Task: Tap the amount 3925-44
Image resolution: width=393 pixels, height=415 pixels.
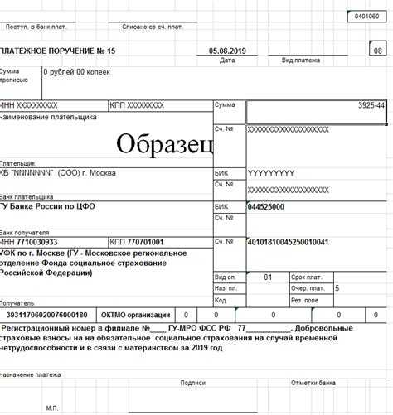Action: [x=370, y=107]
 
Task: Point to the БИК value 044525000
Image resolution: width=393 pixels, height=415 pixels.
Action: [x=265, y=206]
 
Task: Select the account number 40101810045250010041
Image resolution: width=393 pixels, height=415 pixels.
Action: [x=288, y=242]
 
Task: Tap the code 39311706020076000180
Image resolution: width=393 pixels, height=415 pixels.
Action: [x=46, y=315]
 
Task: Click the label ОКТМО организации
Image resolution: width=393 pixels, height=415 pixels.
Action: [x=136, y=315]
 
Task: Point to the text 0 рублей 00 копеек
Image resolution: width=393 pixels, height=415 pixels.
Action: [x=77, y=72]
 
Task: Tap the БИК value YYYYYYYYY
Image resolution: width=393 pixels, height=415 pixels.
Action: [x=271, y=175]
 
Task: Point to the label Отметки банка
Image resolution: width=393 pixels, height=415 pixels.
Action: [x=312, y=383]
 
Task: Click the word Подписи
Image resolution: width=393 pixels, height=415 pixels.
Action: [x=192, y=383]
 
